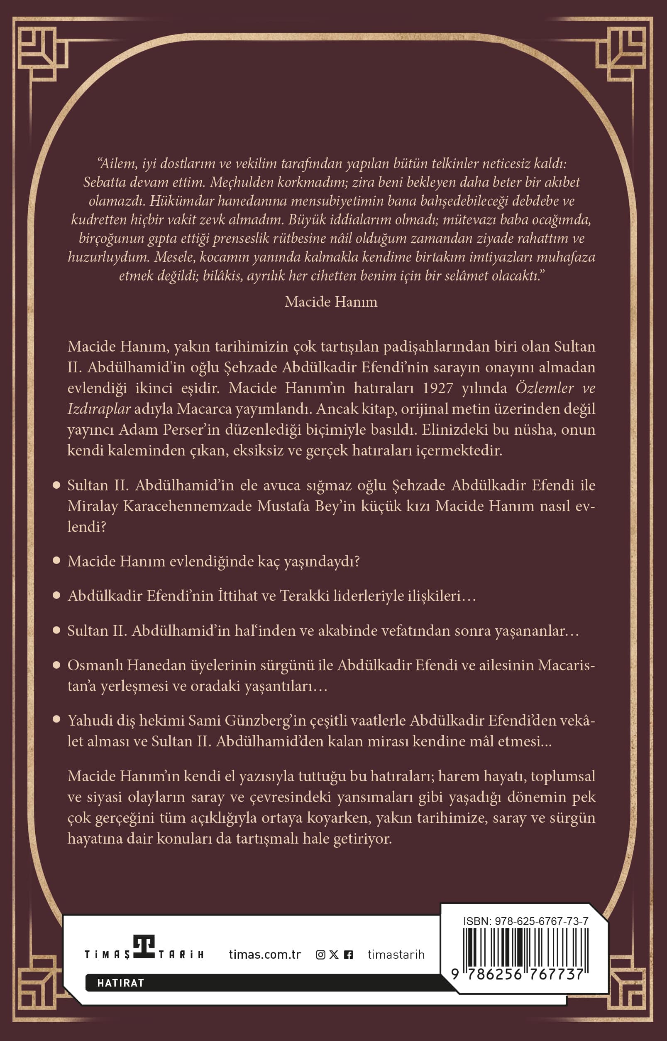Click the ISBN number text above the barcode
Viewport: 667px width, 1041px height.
(525, 921)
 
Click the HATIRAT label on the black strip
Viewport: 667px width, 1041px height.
(120, 983)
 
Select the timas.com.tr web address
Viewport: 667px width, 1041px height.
(265, 954)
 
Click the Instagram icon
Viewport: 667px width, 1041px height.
(320, 954)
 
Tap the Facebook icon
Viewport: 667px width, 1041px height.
(348, 954)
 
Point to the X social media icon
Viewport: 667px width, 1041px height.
(334, 954)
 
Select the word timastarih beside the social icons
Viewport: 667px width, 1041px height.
(396, 954)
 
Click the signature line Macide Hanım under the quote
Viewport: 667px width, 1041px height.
(331, 302)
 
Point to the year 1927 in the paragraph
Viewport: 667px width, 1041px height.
(437, 388)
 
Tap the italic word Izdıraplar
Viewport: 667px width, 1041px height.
(99, 409)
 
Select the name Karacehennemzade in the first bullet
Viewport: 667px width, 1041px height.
(188, 506)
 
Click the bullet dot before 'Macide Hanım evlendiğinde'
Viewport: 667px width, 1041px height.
(56, 561)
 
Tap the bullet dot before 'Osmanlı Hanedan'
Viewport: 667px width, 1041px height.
(56, 664)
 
